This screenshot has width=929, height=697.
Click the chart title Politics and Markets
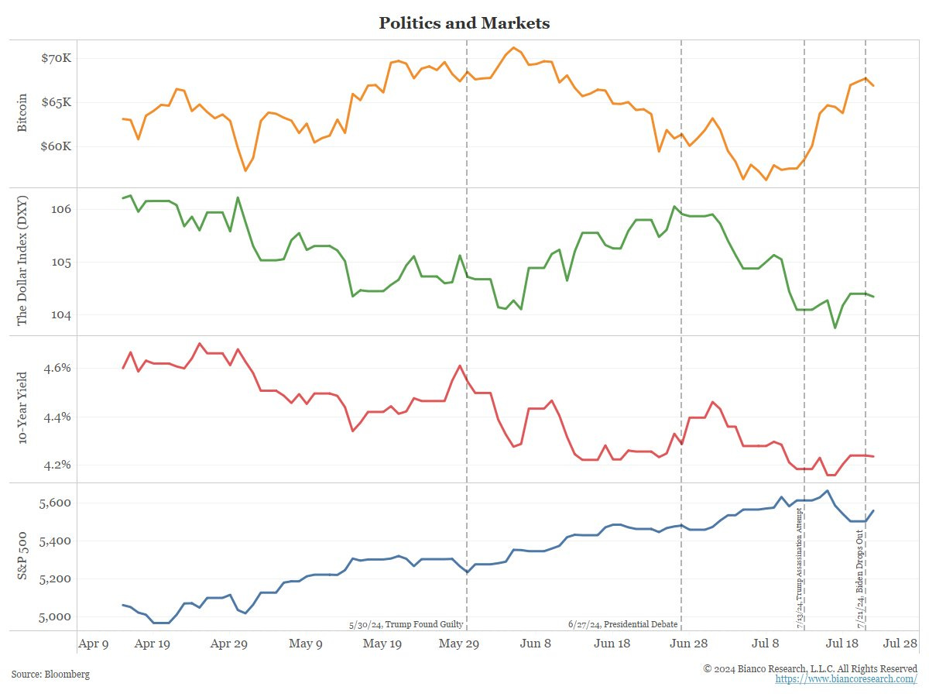(464, 23)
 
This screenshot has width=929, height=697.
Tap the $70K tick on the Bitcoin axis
(57, 59)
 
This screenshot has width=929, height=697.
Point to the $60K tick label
(57, 147)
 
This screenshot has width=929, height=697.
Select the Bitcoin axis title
(22, 112)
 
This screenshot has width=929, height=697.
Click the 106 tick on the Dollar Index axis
(63, 210)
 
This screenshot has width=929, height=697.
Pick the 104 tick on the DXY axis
(63, 315)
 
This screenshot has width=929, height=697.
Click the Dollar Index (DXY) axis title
(22, 261)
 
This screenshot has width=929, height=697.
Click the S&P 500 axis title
(22, 557)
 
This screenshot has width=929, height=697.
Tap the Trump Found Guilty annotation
(406, 624)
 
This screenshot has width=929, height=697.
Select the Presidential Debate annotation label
(622, 624)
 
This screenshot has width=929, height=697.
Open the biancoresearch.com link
(846, 679)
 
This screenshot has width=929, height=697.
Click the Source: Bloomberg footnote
(50, 675)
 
